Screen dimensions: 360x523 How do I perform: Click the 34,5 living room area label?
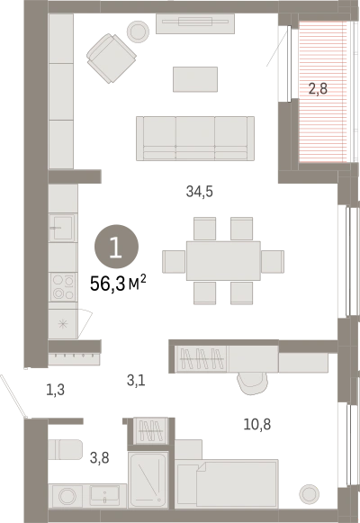[199, 192]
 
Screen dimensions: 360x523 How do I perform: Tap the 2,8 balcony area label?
[318, 89]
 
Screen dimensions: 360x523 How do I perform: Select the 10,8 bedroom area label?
[257, 424]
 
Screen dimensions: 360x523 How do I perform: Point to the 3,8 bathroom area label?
[99, 458]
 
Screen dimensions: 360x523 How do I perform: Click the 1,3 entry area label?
[55, 390]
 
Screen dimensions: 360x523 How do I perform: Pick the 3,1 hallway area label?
[136, 380]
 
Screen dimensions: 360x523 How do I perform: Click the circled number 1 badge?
[117, 247]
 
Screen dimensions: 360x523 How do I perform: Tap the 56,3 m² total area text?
[118, 284]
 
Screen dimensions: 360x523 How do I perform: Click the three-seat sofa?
[195, 139]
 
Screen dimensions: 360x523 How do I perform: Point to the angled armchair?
[112, 58]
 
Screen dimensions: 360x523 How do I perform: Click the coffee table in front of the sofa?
[195, 79]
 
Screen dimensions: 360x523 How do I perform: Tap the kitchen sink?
[63, 228]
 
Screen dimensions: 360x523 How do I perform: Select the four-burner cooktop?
[63, 287]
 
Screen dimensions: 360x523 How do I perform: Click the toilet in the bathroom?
[65, 449]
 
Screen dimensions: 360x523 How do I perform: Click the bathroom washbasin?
[104, 495]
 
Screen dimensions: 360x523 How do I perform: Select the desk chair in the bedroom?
[252, 383]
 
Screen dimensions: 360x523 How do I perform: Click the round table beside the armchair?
[139, 32]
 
